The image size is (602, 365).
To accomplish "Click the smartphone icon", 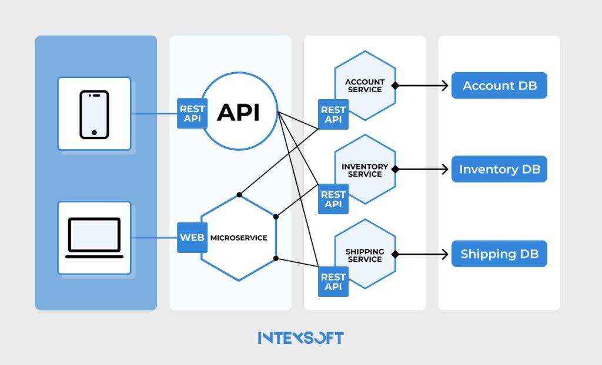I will click(x=94, y=114).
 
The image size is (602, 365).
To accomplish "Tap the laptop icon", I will click(x=94, y=238).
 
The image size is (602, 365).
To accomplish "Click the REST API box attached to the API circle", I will click(x=192, y=114).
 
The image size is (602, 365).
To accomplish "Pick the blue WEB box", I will click(x=192, y=238).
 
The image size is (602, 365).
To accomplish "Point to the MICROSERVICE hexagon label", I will click(x=239, y=238).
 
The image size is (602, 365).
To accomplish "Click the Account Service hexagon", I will click(x=364, y=86).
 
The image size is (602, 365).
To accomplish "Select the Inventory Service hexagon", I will click(x=364, y=170).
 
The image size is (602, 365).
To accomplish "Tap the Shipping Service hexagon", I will click(x=364, y=255).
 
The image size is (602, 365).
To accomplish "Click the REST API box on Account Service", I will click(x=333, y=114).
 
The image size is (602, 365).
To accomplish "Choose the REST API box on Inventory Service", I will click(x=333, y=199).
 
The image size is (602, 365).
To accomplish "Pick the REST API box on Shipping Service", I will click(x=333, y=282).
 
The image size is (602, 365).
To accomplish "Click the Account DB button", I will click(x=499, y=86).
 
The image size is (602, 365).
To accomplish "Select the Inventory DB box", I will click(x=499, y=170).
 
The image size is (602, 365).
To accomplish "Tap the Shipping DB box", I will click(x=499, y=255).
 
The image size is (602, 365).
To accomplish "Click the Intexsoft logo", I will click(x=300, y=338).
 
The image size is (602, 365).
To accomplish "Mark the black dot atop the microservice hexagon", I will click(x=239, y=194).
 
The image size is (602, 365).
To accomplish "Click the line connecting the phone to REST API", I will click(x=154, y=114).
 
